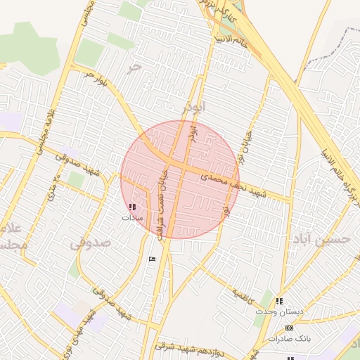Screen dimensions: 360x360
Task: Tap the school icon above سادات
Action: (132, 207)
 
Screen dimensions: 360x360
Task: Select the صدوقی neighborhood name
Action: (91, 243)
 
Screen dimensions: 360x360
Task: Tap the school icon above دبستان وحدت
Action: (281, 301)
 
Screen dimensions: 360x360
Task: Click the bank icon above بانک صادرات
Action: (289, 328)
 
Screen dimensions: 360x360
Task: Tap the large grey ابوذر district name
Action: (193, 108)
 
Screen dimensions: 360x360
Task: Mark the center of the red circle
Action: (180, 179)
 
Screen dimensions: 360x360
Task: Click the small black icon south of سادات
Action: (153, 259)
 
